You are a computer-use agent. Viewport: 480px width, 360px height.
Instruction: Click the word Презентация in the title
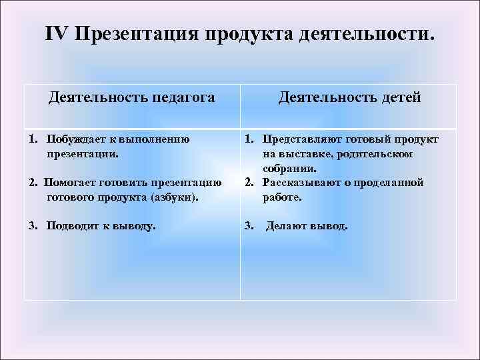tap(138, 34)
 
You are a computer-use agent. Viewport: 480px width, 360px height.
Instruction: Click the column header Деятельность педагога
tap(132, 98)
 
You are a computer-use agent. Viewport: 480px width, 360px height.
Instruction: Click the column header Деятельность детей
tap(349, 98)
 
